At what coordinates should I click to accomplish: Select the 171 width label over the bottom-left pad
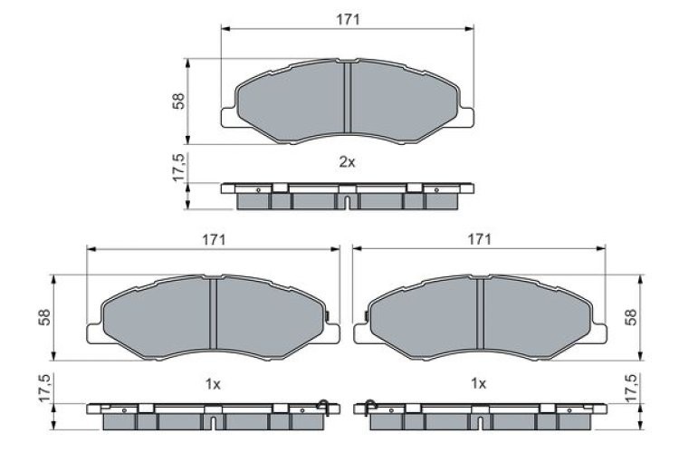213,238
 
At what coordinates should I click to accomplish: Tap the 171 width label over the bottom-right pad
479,238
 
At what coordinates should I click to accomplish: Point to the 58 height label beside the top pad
179,101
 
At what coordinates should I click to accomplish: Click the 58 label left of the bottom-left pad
43,317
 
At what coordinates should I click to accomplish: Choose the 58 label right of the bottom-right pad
632,317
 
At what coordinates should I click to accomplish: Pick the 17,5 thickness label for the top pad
179,169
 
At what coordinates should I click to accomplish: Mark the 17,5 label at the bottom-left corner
43,389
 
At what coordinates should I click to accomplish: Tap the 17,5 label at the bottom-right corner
632,389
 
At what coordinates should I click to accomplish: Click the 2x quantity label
347,162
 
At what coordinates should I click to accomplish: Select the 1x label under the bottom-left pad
213,384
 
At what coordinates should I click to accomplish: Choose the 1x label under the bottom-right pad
479,384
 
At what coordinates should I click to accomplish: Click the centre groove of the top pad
347,100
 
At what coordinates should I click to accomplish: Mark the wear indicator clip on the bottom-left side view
321,405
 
